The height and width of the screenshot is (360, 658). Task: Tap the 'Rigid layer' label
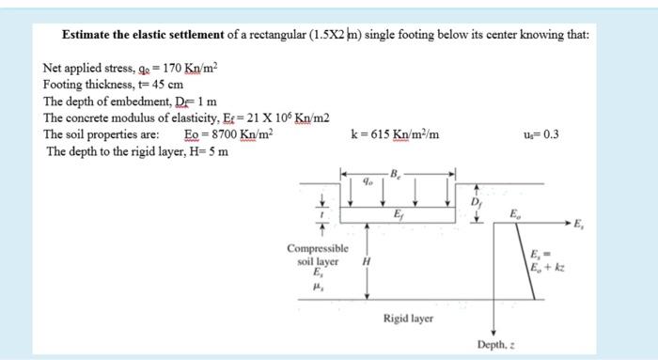[408, 319]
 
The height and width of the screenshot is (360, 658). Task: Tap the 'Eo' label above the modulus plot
[513, 214]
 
